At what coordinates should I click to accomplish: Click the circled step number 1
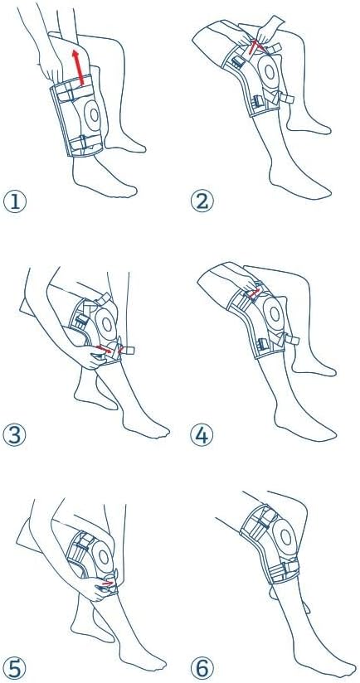(x=15, y=202)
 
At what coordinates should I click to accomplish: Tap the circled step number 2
(x=202, y=201)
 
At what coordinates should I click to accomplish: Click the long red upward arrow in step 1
(x=79, y=66)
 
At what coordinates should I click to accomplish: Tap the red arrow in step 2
(x=254, y=46)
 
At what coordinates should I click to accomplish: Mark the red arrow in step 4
(x=255, y=293)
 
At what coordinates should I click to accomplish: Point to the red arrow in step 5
(x=107, y=582)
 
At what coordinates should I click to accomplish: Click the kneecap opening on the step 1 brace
(x=93, y=115)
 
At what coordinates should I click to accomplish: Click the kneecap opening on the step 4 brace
(x=274, y=312)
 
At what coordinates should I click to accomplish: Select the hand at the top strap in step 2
(x=267, y=30)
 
